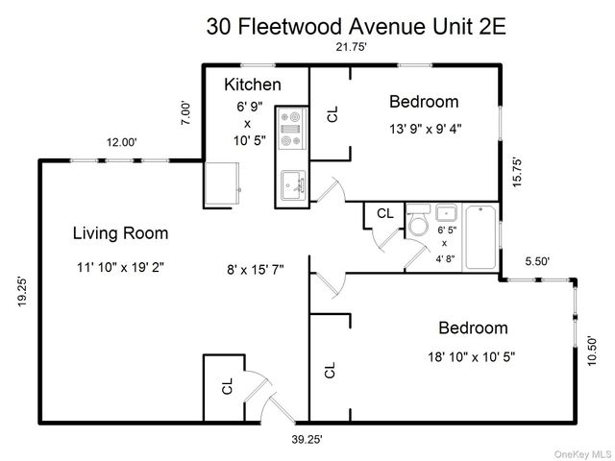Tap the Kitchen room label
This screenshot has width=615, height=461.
(252, 84)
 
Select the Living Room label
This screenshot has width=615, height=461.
(120, 232)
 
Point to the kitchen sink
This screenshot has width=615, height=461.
(291, 184)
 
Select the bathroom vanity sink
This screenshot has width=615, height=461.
(446, 213)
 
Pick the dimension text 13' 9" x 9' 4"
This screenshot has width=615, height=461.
(425, 130)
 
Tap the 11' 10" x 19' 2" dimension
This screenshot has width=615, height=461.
(120, 268)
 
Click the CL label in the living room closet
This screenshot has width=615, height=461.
(228, 386)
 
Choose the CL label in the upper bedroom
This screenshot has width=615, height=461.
(332, 114)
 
